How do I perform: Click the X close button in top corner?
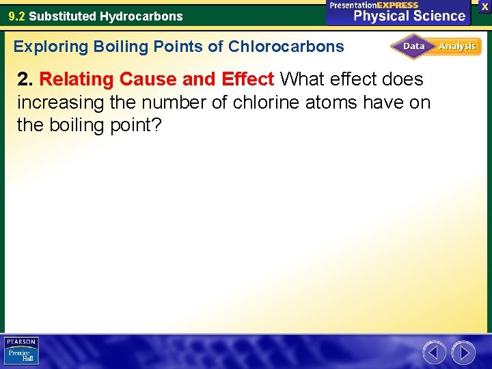[x=484, y=5]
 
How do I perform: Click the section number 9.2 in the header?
[x=16, y=16]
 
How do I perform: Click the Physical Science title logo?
[x=409, y=16]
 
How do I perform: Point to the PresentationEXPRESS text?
[x=374, y=5]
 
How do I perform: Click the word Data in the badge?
[x=414, y=46]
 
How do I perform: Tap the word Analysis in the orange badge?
[x=457, y=46]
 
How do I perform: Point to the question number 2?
[x=25, y=79]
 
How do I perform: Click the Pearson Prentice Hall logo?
[x=21, y=351]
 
